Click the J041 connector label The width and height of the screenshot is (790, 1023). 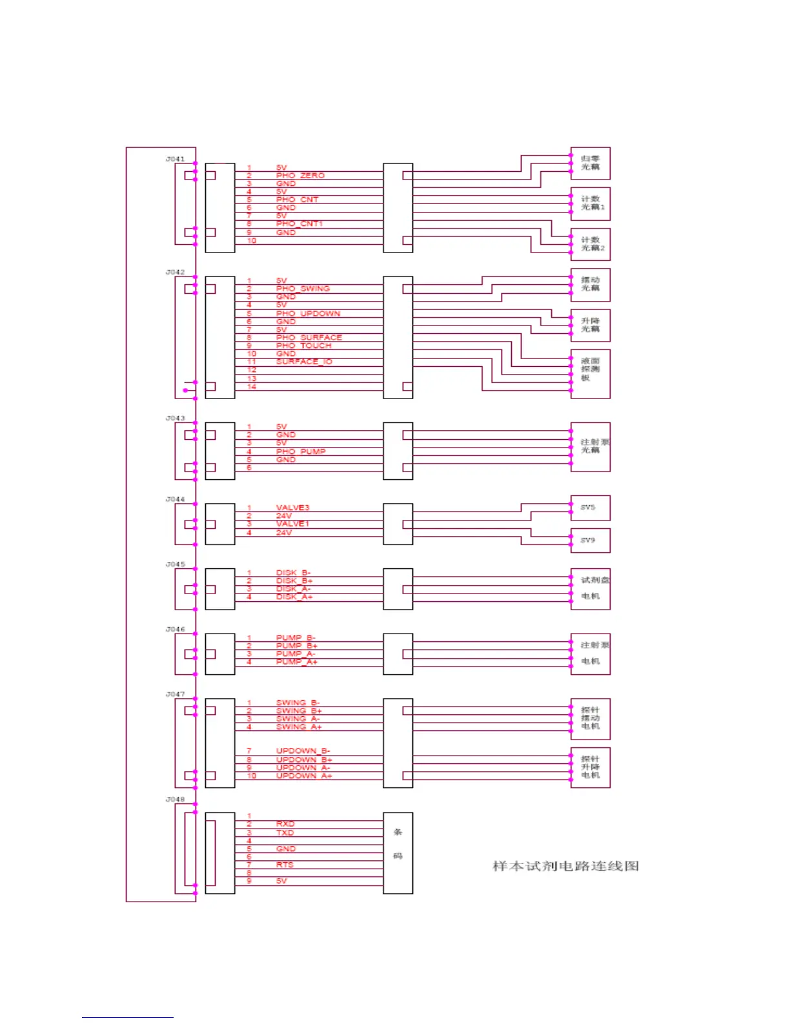[x=175, y=159]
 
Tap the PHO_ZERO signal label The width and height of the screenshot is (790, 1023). [x=300, y=176]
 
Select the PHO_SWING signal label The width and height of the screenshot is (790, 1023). [x=303, y=289]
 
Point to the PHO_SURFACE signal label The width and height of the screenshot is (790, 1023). [x=309, y=337]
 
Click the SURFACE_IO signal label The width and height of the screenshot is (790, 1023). [x=304, y=362]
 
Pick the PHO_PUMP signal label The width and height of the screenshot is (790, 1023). [x=301, y=451]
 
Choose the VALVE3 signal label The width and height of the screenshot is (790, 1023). [x=292, y=508]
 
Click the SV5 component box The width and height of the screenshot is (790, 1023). [x=590, y=508]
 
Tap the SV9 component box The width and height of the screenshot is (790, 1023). [x=590, y=540]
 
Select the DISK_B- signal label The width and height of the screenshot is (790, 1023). [x=293, y=573]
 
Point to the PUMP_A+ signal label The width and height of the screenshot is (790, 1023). [x=296, y=662]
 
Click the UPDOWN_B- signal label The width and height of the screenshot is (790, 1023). [x=303, y=751]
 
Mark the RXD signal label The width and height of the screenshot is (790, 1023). [x=285, y=824]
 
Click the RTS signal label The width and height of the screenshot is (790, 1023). [x=285, y=865]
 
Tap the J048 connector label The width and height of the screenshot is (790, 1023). [x=175, y=800]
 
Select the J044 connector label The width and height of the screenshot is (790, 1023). [x=175, y=499]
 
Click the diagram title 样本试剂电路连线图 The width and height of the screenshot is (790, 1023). [x=565, y=866]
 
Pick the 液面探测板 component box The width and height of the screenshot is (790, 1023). [x=590, y=373]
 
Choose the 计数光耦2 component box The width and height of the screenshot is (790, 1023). [x=590, y=244]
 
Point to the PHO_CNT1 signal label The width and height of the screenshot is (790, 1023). [x=299, y=224]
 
